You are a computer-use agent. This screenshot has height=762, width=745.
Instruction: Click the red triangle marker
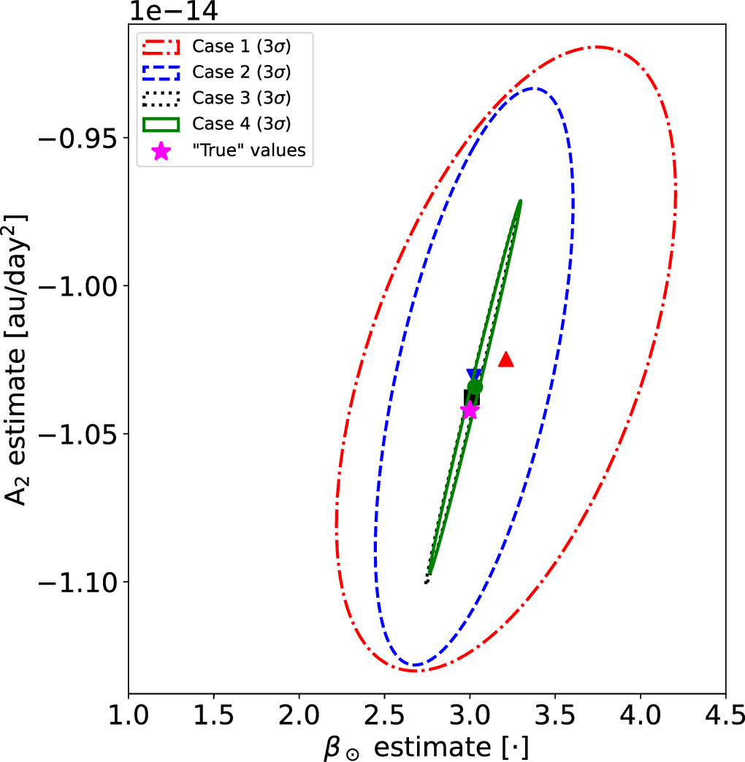pyautogui.click(x=505, y=359)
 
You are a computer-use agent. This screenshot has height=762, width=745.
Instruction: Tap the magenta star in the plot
pyautogui.click(x=470, y=410)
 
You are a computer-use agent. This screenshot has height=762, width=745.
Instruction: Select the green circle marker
pyautogui.click(x=475, y=387)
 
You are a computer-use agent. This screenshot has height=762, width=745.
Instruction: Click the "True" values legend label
pyautogui.click(x=249, y=150)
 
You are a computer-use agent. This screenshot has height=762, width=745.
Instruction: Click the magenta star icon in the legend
pyautogui.click(x=161, y=150)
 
